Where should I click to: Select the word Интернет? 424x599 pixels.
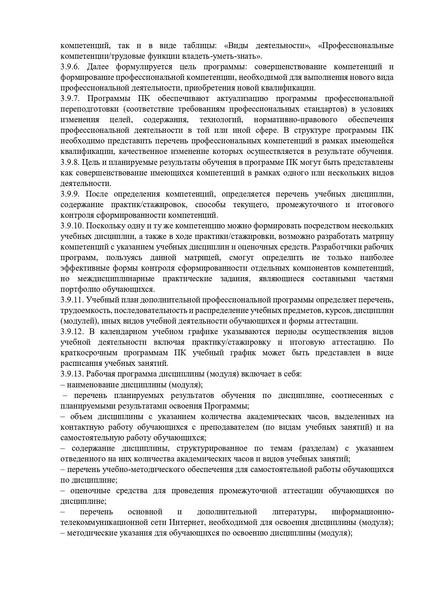click(x=187, y=523)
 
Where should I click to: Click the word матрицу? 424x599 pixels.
click(x=380, y=237)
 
